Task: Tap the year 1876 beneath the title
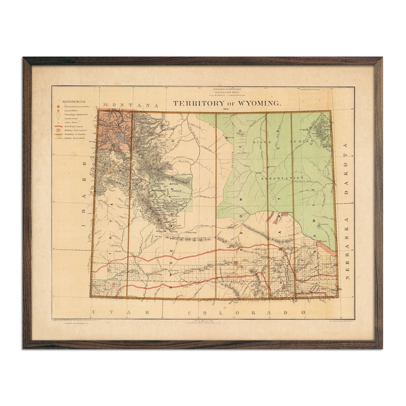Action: point(226,109)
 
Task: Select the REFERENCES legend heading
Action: point(74,101)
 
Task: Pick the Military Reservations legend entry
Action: point(76,130)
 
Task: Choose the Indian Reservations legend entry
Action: point(75,138)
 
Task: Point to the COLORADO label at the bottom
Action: point(242,312)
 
